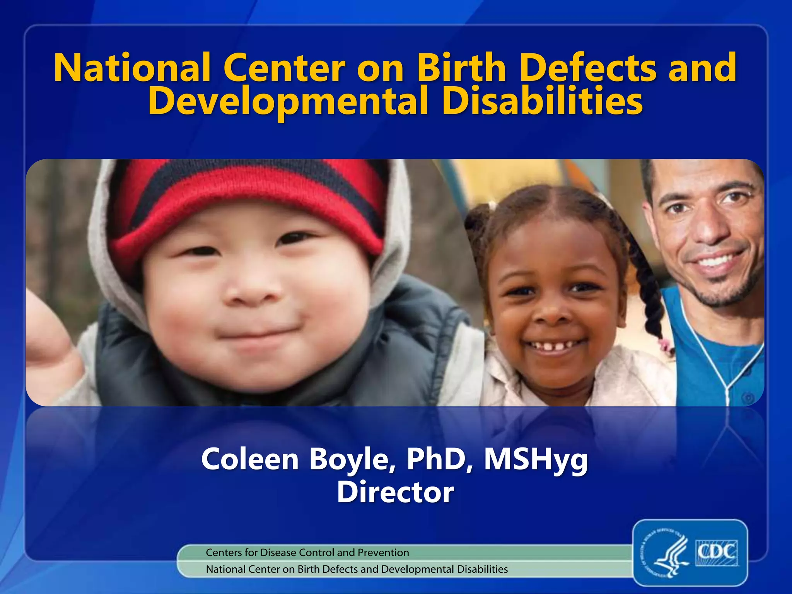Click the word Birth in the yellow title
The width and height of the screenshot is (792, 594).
pyautogui.click(x=461, y=68)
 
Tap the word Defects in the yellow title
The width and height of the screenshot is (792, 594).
pyautogui.click(x=587, y=68)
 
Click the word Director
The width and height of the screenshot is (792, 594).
pyautogui.click(x=395, y=492)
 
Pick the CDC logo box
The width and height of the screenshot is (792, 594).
pyautogui.click(x=717, y=552)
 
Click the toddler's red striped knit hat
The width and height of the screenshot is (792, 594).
pyautogui.click(x=247, y=201)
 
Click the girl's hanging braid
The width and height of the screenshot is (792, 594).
pyautogui.click(x=650, y=294)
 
